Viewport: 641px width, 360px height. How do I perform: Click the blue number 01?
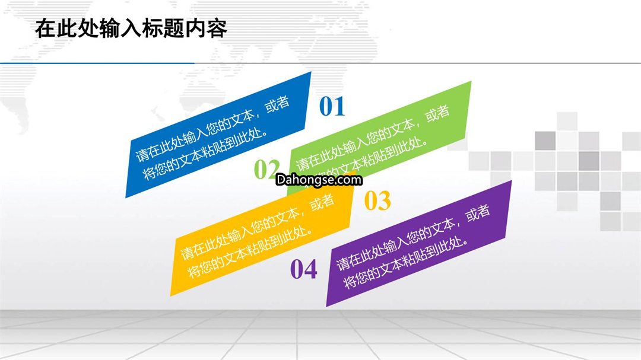pos(332,107)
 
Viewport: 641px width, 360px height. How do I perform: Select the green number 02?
pos(267,169)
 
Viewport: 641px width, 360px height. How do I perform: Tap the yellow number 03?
pos(377,200)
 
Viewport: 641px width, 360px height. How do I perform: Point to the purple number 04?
pos(303,269)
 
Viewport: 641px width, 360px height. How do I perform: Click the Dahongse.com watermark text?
pos(319,179)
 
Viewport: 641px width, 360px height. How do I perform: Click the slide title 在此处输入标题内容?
pos(131,28)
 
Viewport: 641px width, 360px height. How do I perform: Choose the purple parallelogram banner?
pos(419,244)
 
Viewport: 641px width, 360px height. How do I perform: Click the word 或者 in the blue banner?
pos(277,104)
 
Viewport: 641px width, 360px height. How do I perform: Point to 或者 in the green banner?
pos(437,113)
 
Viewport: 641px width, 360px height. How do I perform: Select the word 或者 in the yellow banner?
pos(322,202)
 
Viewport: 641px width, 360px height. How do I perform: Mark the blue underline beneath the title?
pos(97,63)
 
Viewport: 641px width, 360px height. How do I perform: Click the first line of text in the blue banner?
pos(212,128)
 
